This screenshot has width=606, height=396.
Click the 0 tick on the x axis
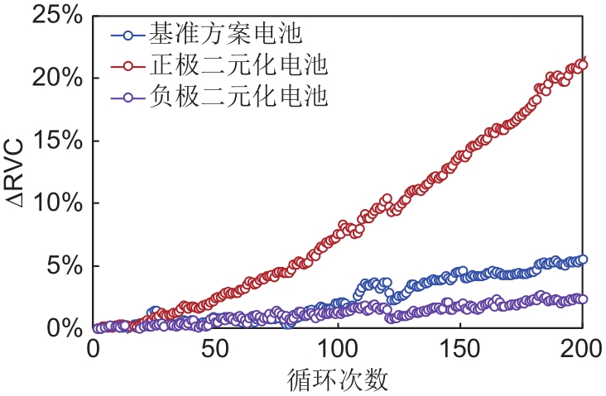pos(93,350)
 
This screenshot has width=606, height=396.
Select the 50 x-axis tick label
pos(214,350)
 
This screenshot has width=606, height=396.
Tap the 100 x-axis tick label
pos(337,350)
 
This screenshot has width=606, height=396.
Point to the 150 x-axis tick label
pos(459,350)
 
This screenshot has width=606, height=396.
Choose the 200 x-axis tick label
pos(581,350)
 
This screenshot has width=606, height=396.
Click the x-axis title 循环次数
pos(338,380)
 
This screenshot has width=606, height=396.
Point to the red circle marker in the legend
pos(127,65)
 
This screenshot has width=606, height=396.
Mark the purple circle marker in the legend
pos(127,97)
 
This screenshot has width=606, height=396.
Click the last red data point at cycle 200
pos(582,64)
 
